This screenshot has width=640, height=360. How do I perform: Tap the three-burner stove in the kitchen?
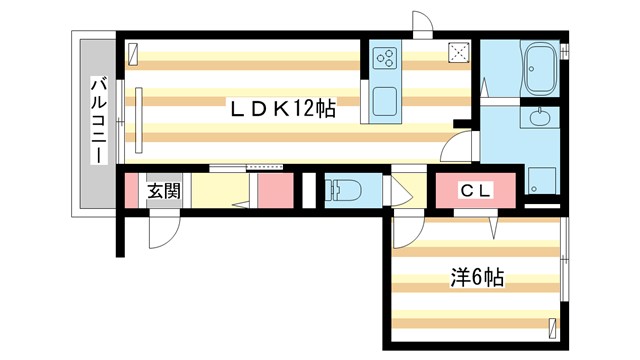pos(385,58)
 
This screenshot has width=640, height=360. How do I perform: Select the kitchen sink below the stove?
pos(384,101)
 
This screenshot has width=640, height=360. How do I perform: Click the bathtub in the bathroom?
pos(540,68)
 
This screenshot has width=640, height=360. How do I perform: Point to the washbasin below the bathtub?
pos(540,119)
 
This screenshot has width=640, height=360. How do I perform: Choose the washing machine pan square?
pos(544,183)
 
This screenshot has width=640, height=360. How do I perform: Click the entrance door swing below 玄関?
pos(161,232)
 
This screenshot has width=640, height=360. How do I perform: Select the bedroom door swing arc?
pos(404,232)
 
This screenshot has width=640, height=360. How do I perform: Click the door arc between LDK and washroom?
pos(458,150)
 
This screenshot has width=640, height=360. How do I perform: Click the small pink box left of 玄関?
pos(129,190)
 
